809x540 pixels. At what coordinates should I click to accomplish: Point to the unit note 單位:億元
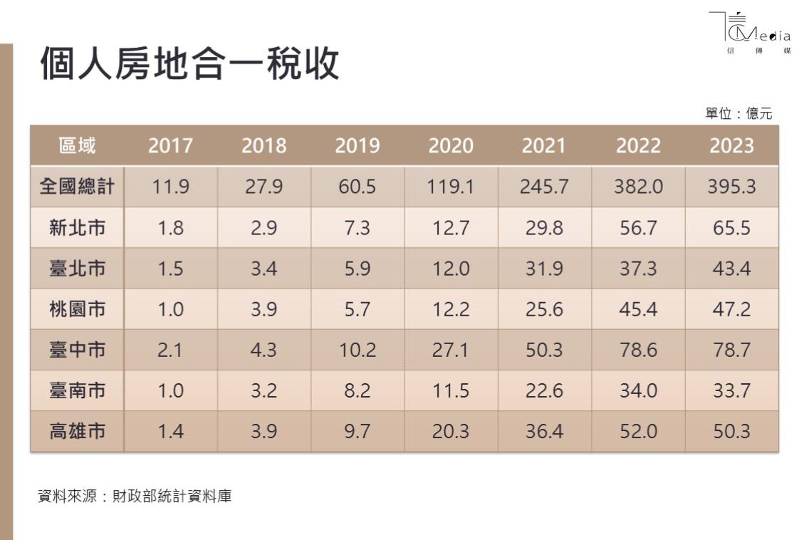coord(738,113)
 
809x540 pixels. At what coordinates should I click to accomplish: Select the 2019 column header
coord(357,146)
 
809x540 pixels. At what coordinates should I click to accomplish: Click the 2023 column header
coord(731,146)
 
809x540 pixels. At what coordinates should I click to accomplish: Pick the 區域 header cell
coord(77,146)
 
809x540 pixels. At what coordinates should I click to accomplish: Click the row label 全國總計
coord(77,187)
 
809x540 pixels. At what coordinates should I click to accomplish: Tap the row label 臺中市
coord(77,350)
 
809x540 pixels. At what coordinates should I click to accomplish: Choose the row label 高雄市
coord(77,431)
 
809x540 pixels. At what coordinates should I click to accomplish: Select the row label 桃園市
coord(77,309)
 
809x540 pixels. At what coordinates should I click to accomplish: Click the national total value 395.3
coord(731,187)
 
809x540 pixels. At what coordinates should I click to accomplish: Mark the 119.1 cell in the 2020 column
coord(451,187)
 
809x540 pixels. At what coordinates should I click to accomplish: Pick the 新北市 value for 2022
coord(638,228)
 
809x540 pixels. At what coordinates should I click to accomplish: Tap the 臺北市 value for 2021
coord(545,269)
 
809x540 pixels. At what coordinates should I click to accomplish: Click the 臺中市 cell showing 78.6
coord(638,350)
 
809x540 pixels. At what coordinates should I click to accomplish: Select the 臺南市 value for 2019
coord(357,390)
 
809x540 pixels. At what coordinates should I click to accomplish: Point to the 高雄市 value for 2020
coord(451,431)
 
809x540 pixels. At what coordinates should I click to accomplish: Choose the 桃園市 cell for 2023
coord(731,309)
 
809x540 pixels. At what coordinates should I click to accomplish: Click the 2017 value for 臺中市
coord(170,350)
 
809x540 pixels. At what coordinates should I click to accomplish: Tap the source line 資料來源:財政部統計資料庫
coord(135,497)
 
